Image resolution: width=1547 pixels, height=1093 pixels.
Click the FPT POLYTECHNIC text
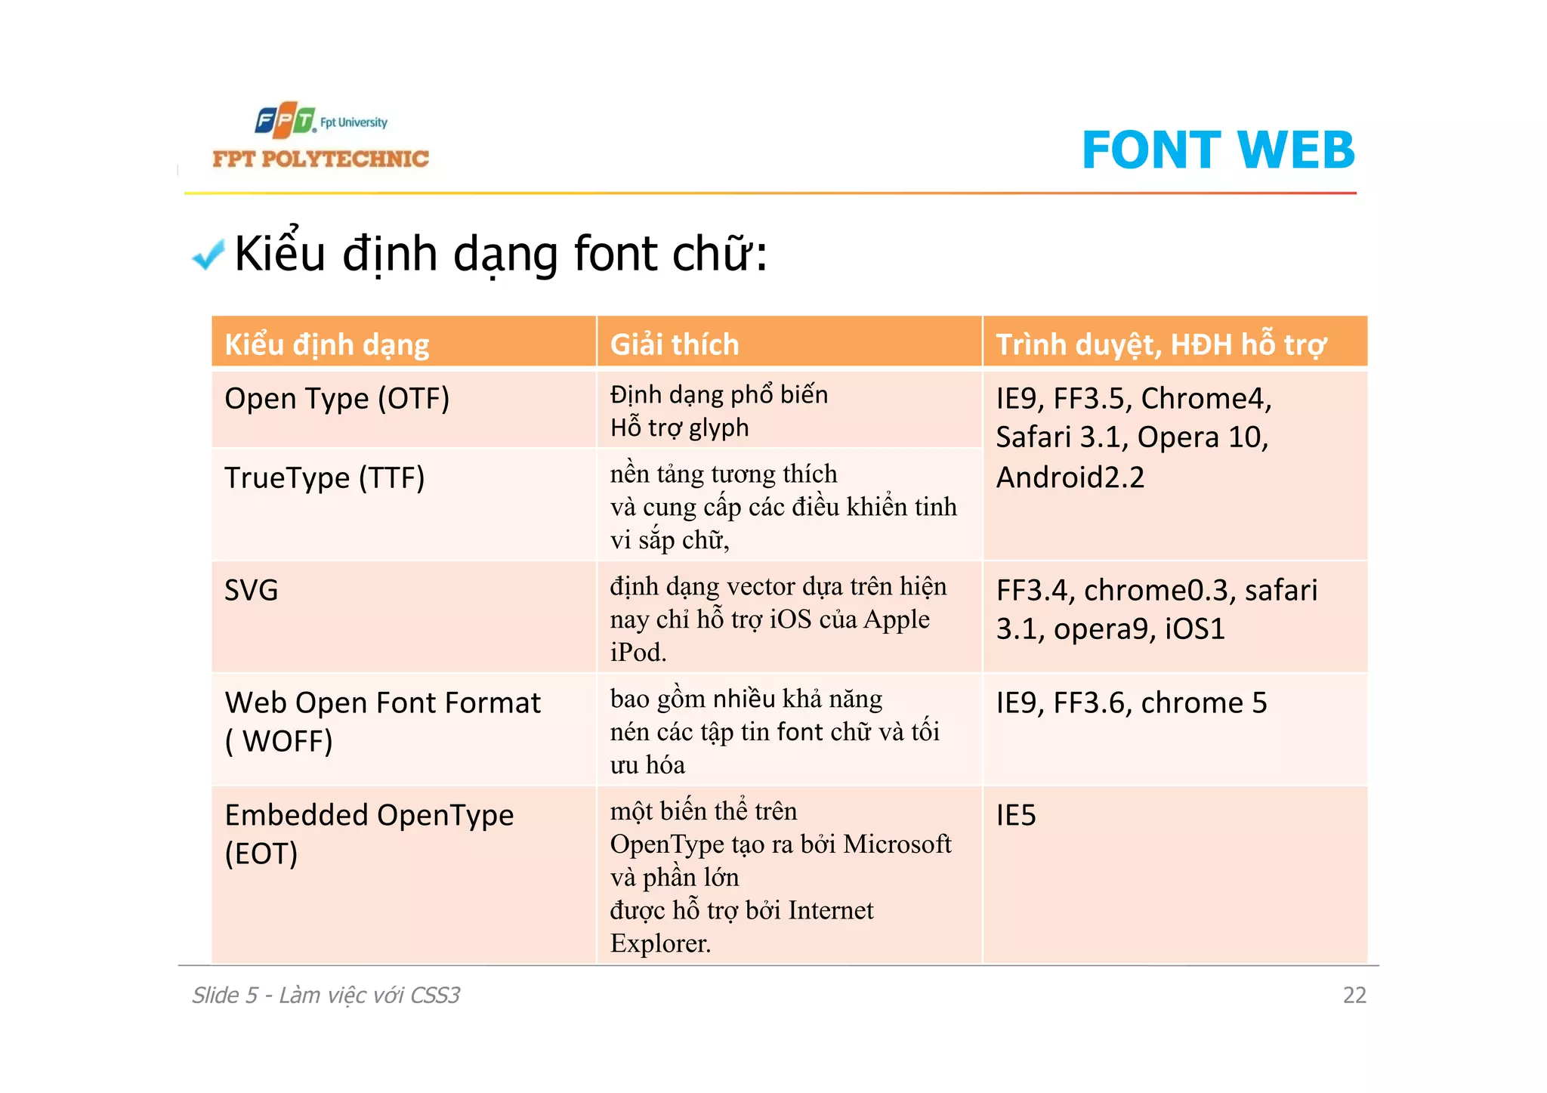[320, 159]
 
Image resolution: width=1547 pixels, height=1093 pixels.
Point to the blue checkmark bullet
[208, 255]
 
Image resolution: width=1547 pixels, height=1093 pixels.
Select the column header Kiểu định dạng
[326, 344]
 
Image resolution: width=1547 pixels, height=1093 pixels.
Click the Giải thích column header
[674, 344]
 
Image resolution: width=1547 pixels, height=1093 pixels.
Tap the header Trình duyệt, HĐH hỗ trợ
[1160, 344]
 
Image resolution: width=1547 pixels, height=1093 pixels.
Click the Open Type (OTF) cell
[337, 399]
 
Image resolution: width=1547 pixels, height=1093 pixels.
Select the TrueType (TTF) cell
[325, 478]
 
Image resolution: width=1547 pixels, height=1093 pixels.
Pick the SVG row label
[252, 590]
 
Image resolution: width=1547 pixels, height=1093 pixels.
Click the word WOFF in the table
[286, 742]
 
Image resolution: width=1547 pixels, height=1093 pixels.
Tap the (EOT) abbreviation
[261, 854]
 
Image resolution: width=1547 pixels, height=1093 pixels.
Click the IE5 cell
[1016, 816]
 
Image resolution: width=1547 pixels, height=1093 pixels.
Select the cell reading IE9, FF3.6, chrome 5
[1131, 703]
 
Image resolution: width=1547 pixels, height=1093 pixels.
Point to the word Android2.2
[1070, 477]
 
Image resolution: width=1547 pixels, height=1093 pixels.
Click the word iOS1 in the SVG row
[1194, 629]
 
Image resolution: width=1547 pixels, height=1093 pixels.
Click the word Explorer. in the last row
[660, 943]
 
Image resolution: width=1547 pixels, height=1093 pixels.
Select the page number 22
[1354, 996]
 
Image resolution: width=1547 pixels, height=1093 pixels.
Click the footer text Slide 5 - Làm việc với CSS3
[326, 996]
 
